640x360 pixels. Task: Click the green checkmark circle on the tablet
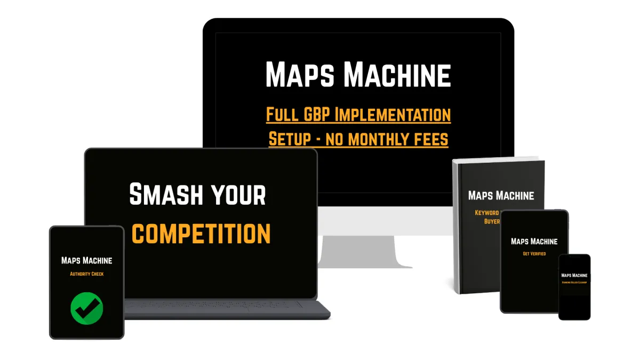pos(87,308)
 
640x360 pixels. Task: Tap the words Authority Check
pos(87,274)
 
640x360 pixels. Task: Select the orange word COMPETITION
pos(201,234)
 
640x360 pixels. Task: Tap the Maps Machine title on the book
pos(501,196)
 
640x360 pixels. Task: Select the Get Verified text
pos(534,254)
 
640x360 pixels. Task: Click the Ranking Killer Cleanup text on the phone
pos(574,282)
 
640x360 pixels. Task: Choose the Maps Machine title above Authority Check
pos(87,261)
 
